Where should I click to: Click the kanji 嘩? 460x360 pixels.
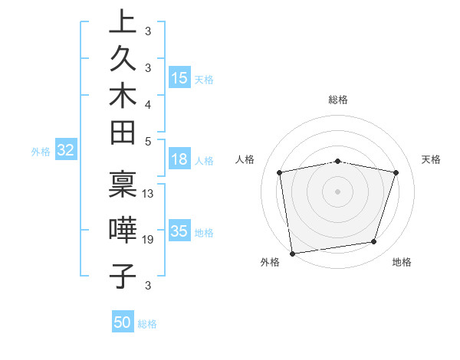click(123, 228)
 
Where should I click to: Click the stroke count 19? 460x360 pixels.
click(148, 240)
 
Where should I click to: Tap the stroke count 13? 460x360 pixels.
click(148, 193)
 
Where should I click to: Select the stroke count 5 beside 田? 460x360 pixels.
click(148, 141)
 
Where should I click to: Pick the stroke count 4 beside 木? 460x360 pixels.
click(148, 103)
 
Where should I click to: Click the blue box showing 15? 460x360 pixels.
click(179, 77)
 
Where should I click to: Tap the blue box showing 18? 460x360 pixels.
click(179, 159)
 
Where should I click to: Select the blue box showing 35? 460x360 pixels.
click(179, 231)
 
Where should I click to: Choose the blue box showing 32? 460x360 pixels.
click(65, 150)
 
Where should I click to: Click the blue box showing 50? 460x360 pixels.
click(123, 322)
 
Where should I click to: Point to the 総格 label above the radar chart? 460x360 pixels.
click(338, 100)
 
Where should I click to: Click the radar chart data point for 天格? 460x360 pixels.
click(396, 172)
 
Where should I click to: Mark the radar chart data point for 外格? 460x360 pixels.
click(292, 253)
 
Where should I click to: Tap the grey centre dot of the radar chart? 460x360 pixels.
click(338, 191)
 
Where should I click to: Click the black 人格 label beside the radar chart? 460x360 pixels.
click(245, 159)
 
